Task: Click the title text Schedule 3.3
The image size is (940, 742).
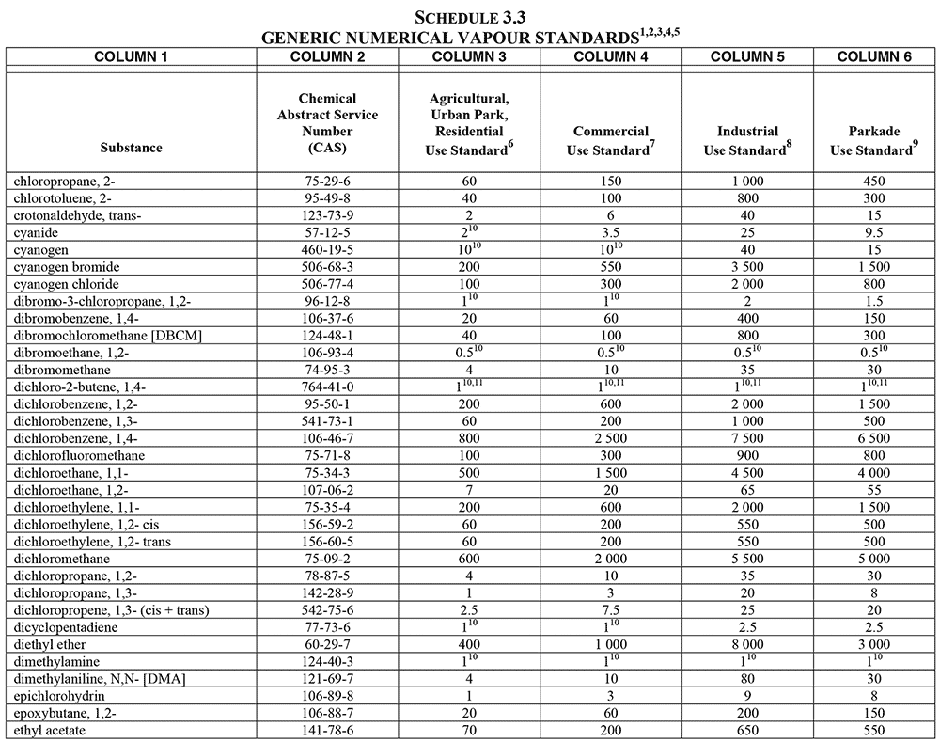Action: [470, 16]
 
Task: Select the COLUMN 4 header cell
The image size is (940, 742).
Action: [610, 56]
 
